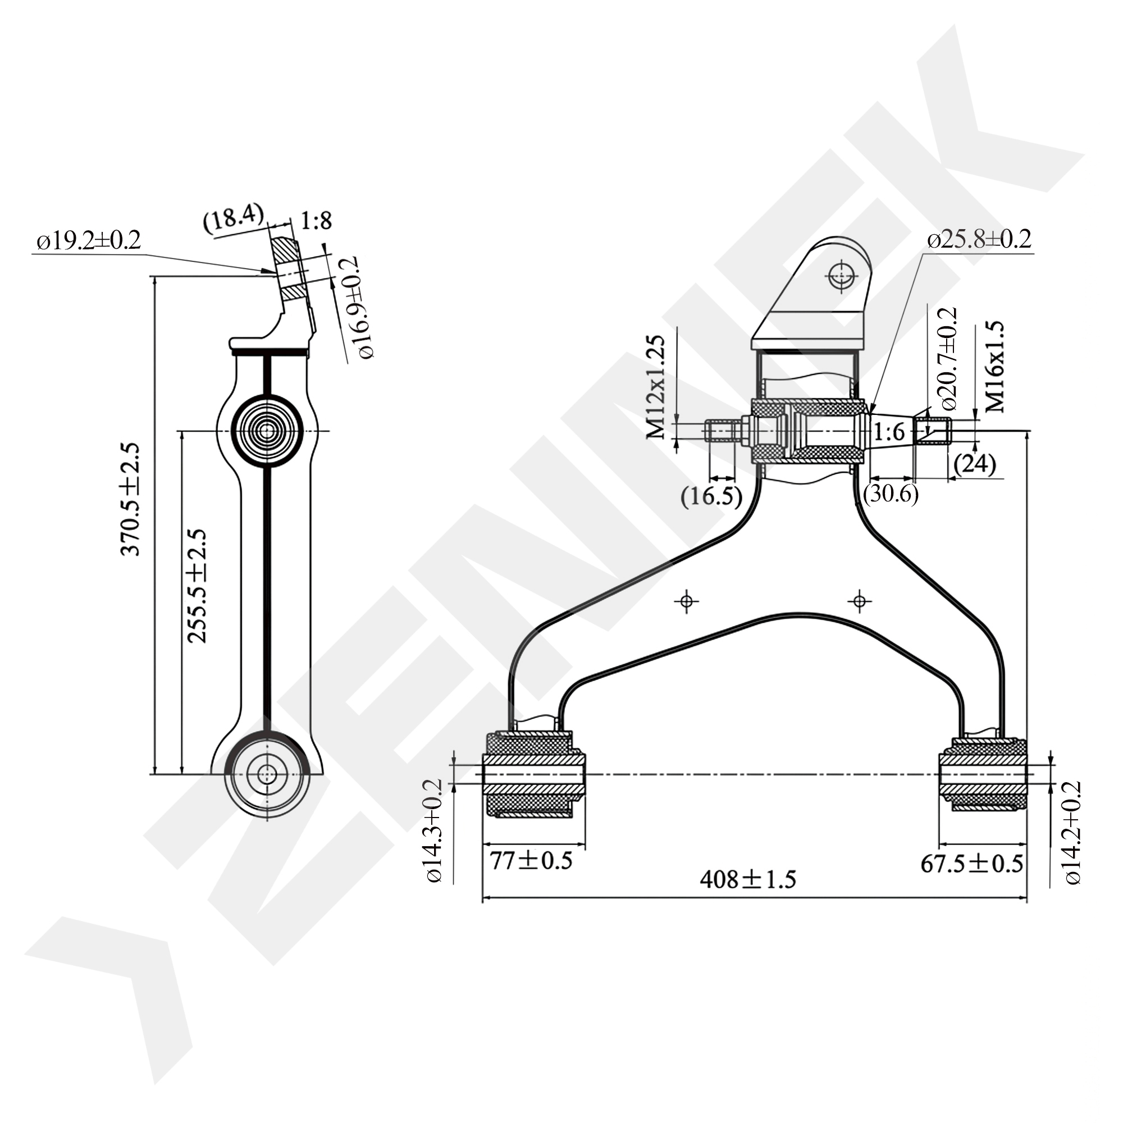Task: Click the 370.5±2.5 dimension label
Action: tap(131, 499)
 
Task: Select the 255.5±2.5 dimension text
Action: tap(197, 586)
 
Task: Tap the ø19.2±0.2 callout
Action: tap(89, 241)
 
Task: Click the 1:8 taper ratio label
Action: tap(316, 221)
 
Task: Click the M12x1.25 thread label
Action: tap(655, 386)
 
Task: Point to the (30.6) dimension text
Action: tap(891, 494)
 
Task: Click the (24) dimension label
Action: tap(975, 464)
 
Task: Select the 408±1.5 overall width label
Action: tap(747, 879)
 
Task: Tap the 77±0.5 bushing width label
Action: tap(531, 860)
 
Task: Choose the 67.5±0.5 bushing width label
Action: tap(971, 864)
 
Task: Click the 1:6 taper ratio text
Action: tap(890, 432)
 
